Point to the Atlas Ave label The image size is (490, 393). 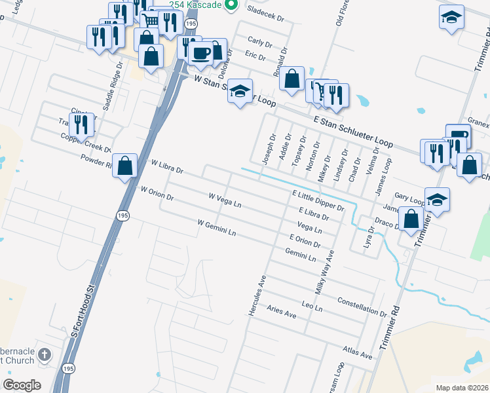point(358,353)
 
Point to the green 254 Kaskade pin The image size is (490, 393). point(230,6)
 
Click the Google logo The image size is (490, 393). point(22,385)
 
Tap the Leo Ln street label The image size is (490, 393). point(312,306)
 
